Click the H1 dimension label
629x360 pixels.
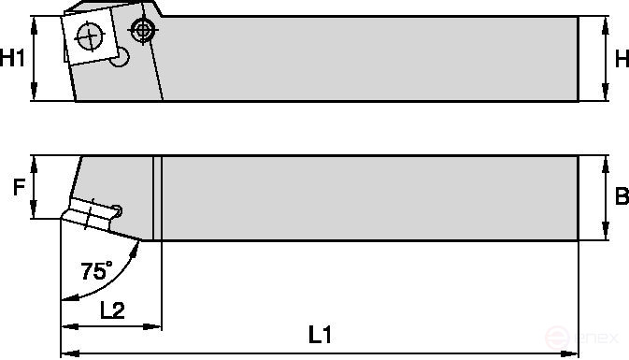pyautogui.click(x=12, y=59)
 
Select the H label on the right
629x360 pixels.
pyautogui.click(x=621, y=59)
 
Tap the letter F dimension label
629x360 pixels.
pyautogui.click(x=17, y=188)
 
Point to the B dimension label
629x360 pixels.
pyautogui.click(x=621, y=197)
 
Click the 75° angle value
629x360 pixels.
pyautogui.click(x=95, y=272)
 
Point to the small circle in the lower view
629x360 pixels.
pyautogui.click(x=118, y=209)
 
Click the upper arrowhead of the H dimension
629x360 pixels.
pyautogui.click(x=604, y=22)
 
